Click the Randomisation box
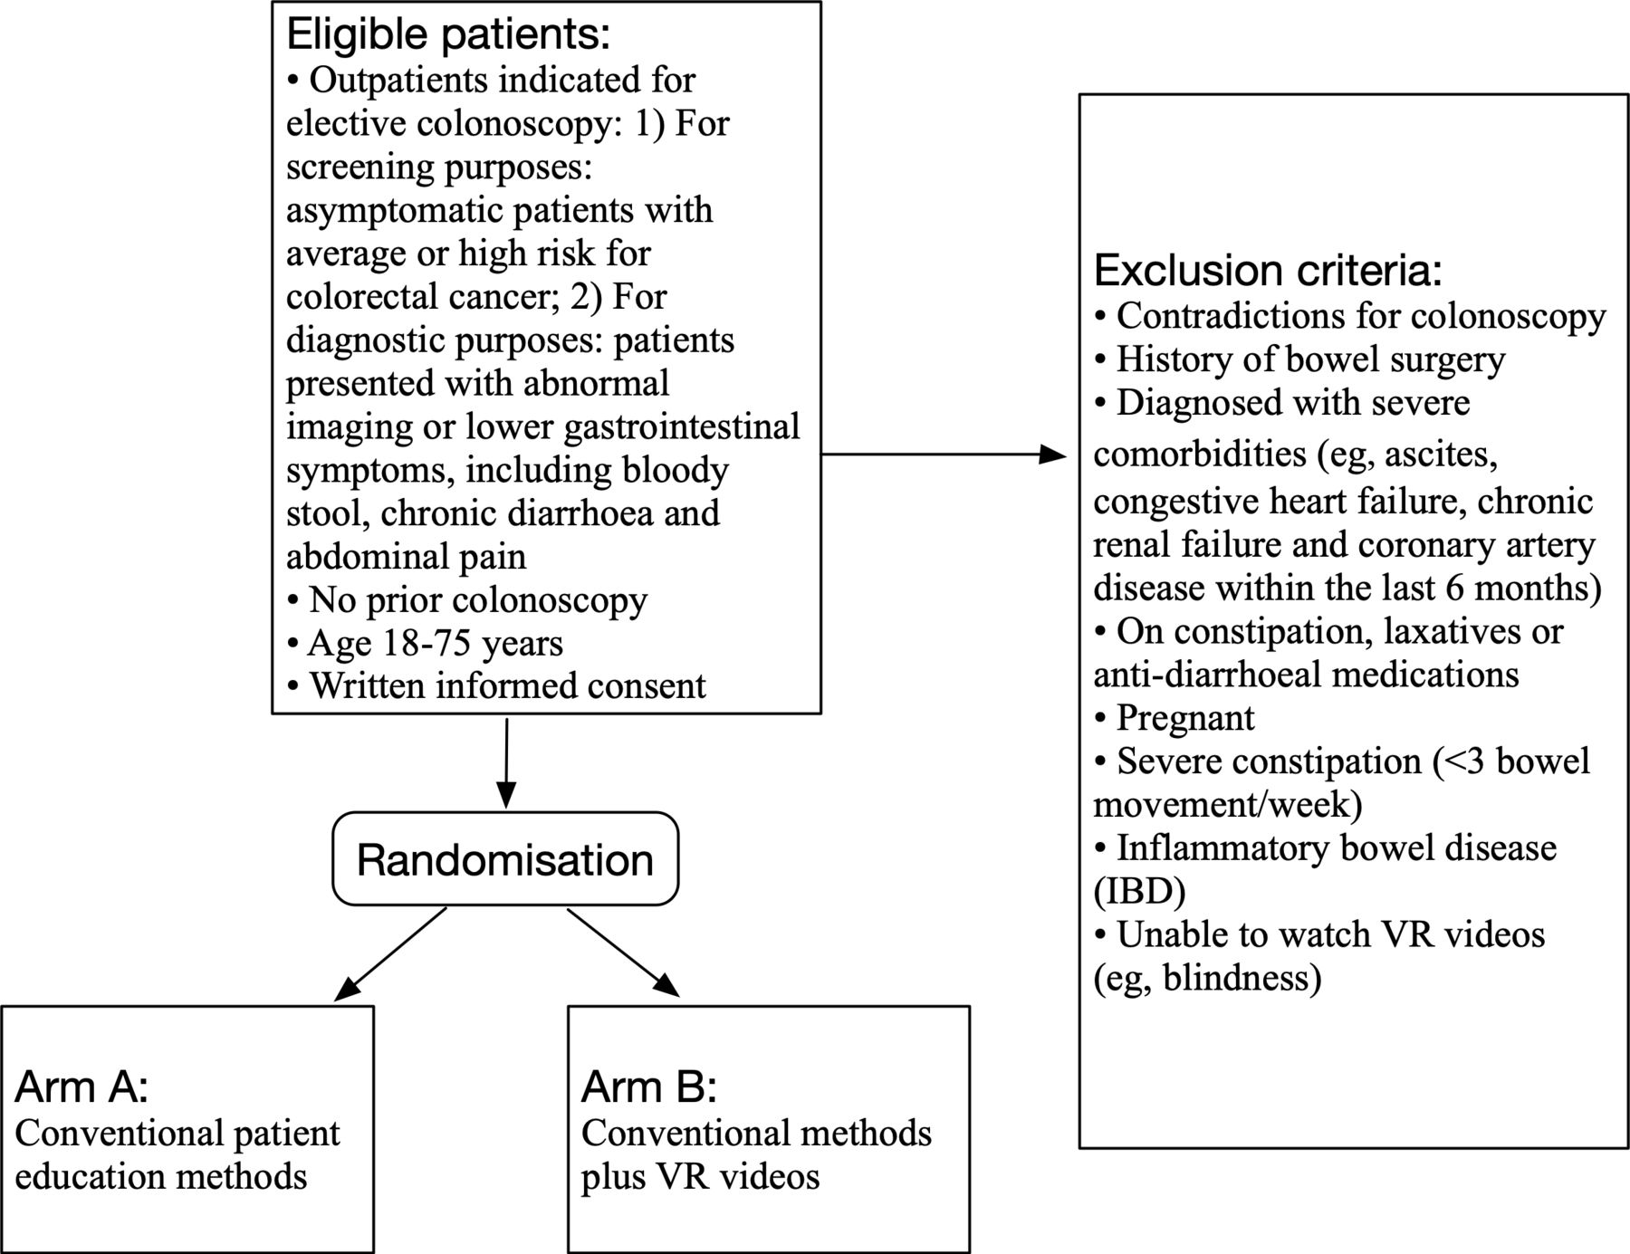pyautogui.click(x=505, y=859)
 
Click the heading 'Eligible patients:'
pyautogui.click(x=448, y=34)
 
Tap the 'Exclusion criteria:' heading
pyautogui.click(x=1268, y=271)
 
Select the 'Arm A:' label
pyautogui.click(x=81, y=1087)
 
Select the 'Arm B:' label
pyautogui.click(x=648, y=1087)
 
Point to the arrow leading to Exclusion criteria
pyautogui.click(x=944, y=455)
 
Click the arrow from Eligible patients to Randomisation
pyautogui.click(x=506, y=762)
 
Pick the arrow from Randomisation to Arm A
pyautogui.click(x=390, y=954)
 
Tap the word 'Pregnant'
pyautogui.click(x=1185, y=719)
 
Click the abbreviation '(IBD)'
pyautogui.click(x=1139, y=892)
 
